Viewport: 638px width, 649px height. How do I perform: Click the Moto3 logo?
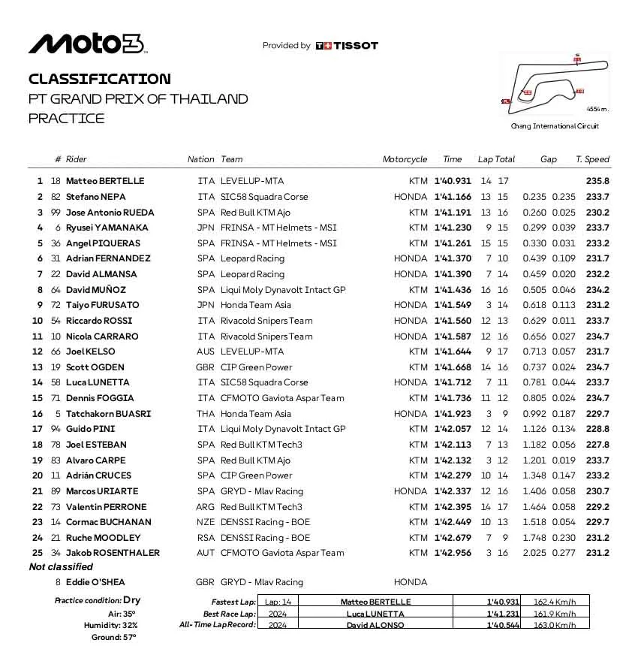(86, 44)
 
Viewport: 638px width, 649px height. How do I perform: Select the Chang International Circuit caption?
(555, 126)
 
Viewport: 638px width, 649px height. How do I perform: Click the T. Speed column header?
(592, 159)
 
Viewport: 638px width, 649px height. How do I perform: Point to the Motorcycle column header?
(405, 159)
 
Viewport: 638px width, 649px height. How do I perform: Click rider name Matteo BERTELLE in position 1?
(105, 181)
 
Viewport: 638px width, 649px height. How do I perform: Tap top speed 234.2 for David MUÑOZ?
(597, 290)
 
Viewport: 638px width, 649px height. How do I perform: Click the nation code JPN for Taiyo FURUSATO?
(206, 305)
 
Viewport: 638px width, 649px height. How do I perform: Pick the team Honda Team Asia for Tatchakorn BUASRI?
(256, 414)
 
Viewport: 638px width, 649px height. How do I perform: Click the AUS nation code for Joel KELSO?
(206, 352)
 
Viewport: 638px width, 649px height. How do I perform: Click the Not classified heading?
(61, 567)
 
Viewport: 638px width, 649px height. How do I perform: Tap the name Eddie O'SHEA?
(96, 582)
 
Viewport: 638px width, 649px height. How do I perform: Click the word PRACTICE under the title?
(67, 118)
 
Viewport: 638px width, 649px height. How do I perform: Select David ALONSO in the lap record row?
(367, 625)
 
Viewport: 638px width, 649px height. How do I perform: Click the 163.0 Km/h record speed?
(555, 625)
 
